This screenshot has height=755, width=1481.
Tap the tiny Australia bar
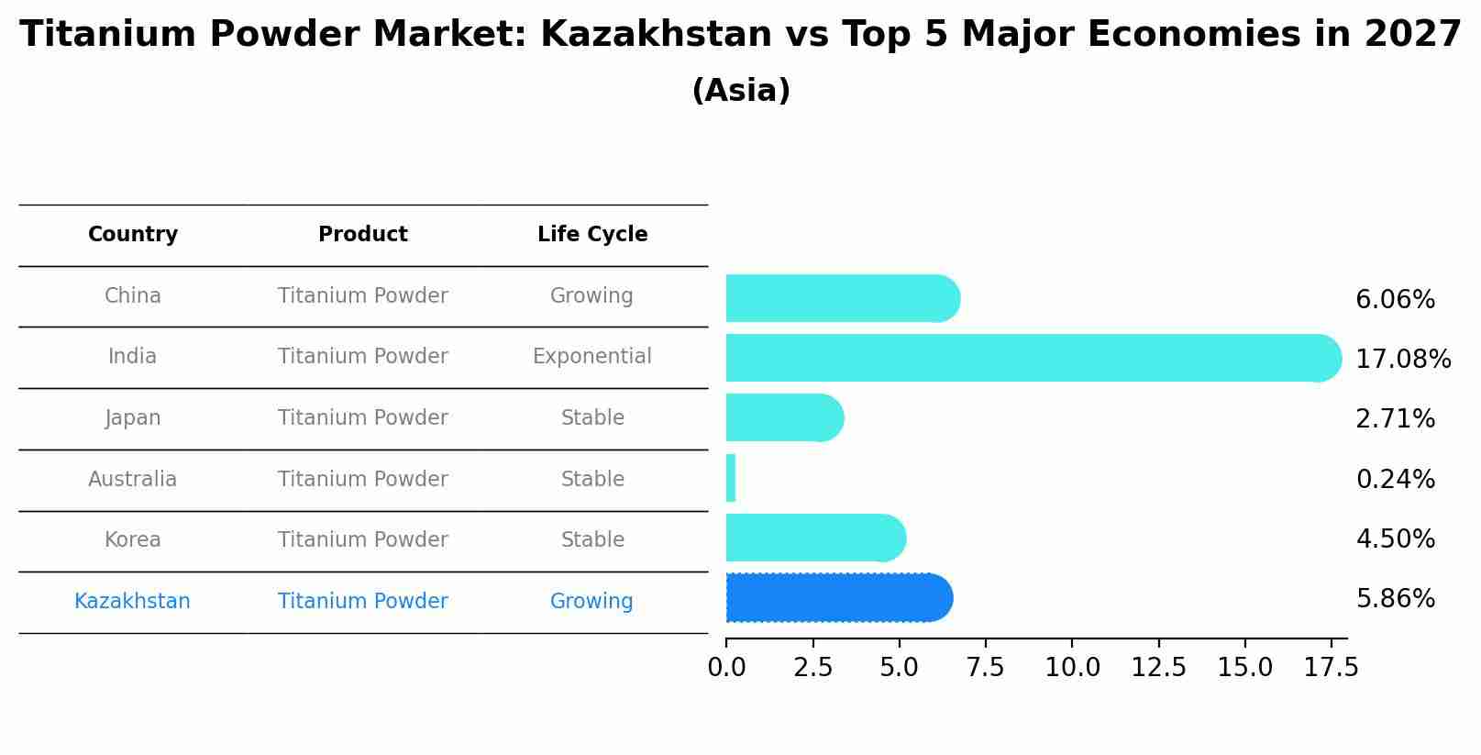pos(731,478)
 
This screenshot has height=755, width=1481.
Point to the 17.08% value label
pos(1402,359)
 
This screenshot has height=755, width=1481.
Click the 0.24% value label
pos(1395,479)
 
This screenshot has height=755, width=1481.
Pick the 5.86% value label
pos(1395,599)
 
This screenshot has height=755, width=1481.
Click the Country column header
pos(133,235)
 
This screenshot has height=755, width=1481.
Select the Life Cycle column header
pos(592,235)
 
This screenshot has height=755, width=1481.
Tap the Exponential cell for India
pos(592,357)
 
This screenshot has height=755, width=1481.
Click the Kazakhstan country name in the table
pos(133,602)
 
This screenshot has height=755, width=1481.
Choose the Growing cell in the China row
pos(591,296)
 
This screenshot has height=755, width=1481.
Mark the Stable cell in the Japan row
pos(592,418)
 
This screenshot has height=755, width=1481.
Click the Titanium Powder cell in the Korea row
pos(363,540)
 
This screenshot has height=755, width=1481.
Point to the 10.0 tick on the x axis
pos(1072,668)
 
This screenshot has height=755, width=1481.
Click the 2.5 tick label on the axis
pos(812,668)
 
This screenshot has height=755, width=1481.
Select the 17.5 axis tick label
pos(1331,668)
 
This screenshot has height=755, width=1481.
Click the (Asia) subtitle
pos(741,91)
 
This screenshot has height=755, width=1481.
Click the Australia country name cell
pos(133,480)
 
